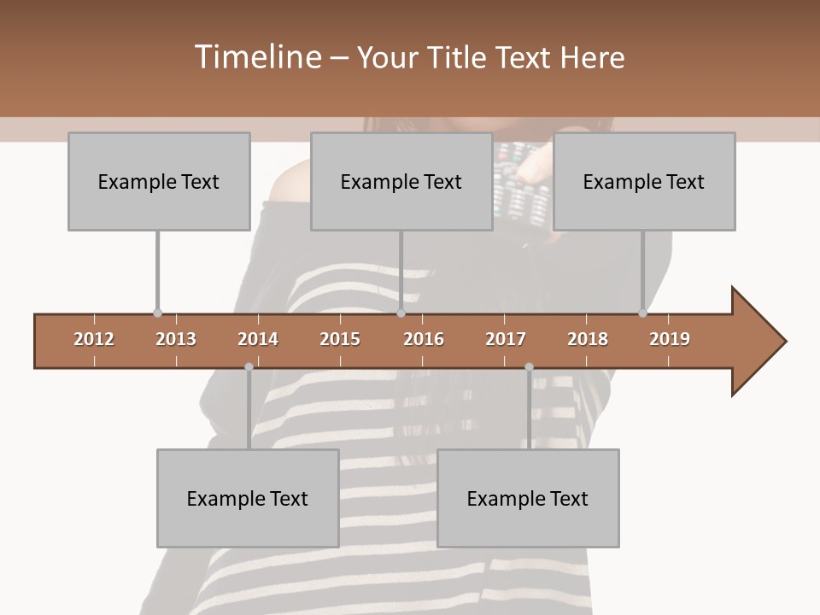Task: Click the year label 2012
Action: coord(94,339)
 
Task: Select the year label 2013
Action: coord(176,339)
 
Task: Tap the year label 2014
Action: coord(258,339)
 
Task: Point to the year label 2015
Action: coord(340,339)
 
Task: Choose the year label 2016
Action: coord(424,339)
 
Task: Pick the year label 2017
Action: coord(506,339)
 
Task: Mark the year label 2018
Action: coord(588,339)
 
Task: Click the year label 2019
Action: coord(670,339)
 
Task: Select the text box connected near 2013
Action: coord(159,181)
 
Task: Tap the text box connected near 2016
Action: coord(401,181)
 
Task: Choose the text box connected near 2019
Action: coord(644,181)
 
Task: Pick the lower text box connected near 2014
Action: coord(248,498)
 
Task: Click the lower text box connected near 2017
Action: coord(528,498)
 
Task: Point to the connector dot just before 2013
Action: coord(157,313)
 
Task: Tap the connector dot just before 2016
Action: coord(401,313)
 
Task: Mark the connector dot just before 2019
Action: coord(642,313)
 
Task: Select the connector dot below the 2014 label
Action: coord(249,367)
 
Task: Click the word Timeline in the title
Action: coord(256,57)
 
